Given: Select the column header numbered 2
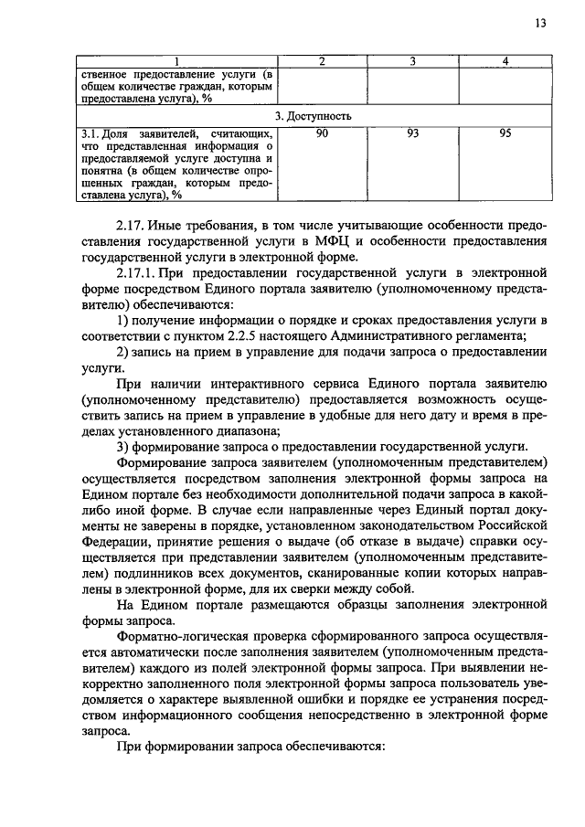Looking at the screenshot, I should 322,60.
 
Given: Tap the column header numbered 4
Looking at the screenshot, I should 505,60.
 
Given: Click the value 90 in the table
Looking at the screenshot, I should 322,134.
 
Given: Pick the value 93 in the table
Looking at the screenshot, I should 413,134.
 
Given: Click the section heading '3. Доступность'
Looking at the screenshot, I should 313,118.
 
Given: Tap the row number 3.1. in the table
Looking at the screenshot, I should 90,134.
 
